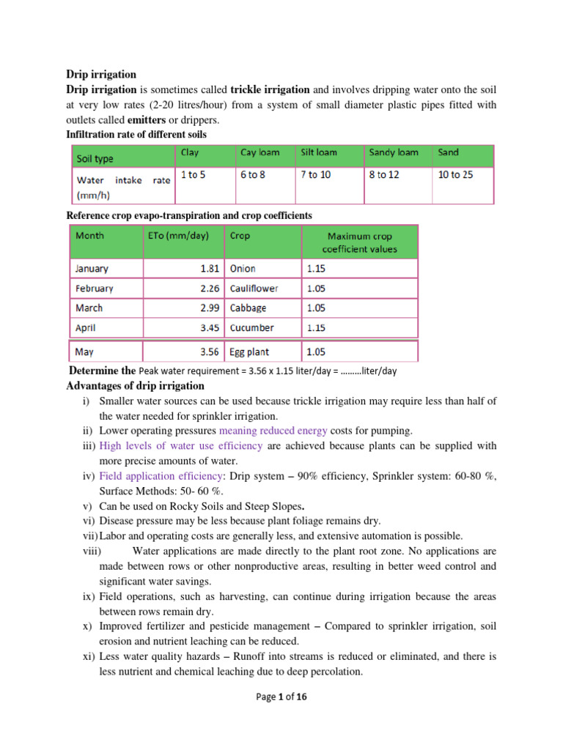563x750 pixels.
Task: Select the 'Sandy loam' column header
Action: point(394,152)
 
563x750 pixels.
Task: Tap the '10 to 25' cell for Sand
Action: point(455,177)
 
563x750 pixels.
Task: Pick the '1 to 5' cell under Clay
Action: point(191,177)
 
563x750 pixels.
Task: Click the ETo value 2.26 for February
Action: point(209,288)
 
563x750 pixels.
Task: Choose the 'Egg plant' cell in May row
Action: point(249,352)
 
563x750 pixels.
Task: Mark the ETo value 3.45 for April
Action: point(209,327)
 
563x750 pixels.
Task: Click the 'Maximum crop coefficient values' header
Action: point(361,242)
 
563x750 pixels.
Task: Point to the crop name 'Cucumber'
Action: point(251,327)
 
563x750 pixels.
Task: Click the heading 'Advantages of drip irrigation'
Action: point(136,386)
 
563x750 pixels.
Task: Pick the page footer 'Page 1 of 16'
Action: point(281,697)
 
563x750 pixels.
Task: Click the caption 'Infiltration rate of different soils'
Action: point(136,134)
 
